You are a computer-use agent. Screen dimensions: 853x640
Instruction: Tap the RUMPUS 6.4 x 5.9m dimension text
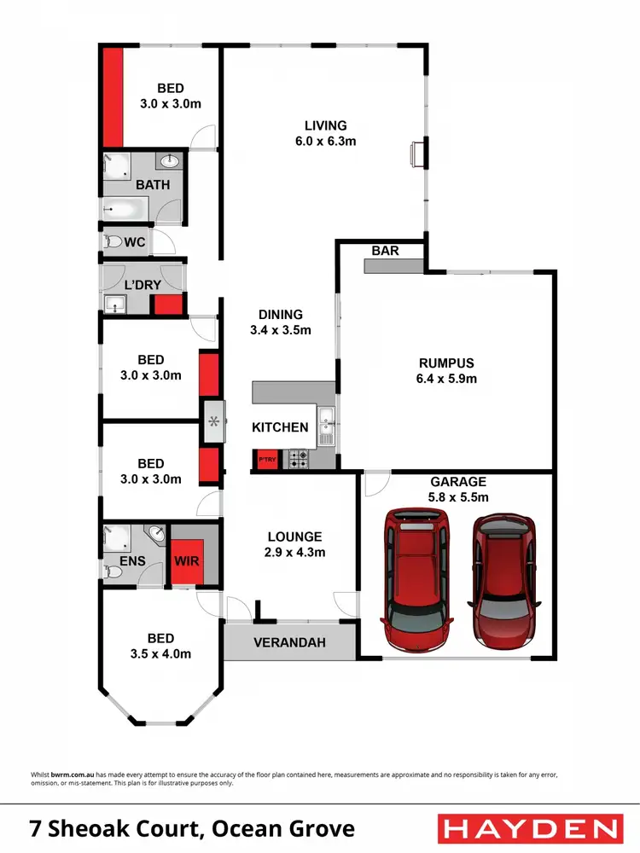tap(446, 378)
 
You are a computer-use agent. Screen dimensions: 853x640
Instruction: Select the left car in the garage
tap(418, 577)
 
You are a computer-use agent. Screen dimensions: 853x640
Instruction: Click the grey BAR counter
tap(394, 266)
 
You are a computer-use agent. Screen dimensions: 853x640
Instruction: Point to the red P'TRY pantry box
tap(267, 459)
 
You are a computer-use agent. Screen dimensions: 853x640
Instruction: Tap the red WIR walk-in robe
tap(186, 561)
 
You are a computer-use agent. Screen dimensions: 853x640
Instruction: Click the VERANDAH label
tap(288, 642)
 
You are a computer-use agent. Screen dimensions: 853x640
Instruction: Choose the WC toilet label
tap(135, 242)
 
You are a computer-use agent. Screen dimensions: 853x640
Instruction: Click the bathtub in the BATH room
tap(125, 207)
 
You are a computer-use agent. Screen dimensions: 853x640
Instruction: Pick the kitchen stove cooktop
tap(299, 459)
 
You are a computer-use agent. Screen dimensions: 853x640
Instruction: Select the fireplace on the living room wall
tap(418, 154)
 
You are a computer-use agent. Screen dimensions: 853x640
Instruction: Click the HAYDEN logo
tap(528, 828)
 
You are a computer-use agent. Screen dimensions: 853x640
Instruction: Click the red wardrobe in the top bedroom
tap(113, 97)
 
